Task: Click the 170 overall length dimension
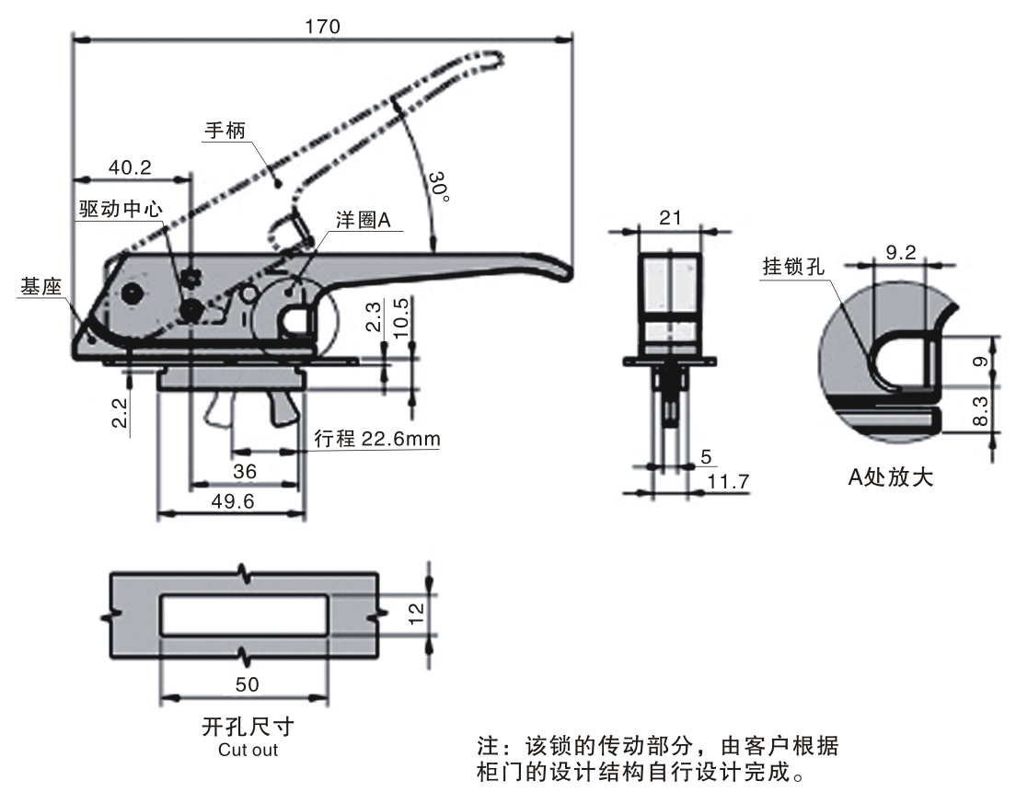(x=322, y=25)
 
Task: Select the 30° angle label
(x=441, y=187)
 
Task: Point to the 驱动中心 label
(x=121, y=209)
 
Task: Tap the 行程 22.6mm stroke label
(x=376, y=440)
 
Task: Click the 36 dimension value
(x=244, y=471)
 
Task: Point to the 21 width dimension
(x=671, y=217)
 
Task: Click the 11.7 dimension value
(x=726, y=479)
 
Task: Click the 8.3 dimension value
(x=981, y=409)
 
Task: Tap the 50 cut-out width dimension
(x=247, y=684)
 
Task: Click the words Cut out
(x=248, y=750)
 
